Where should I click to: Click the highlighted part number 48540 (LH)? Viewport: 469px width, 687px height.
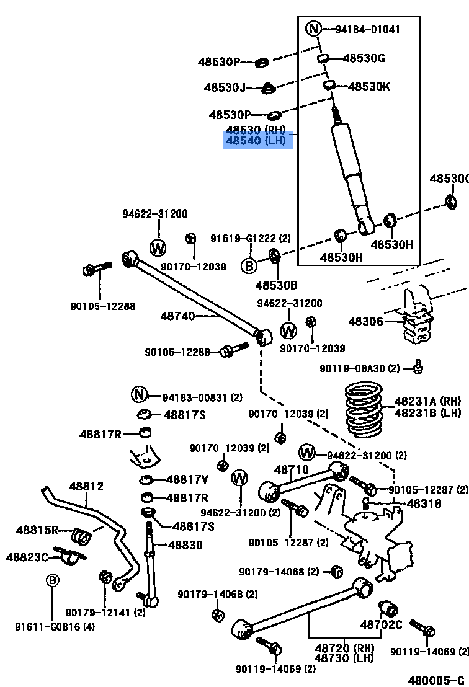point(256,141)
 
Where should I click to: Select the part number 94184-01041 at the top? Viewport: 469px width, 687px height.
point(367,29)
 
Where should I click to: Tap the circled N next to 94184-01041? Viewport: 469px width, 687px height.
point(314,29)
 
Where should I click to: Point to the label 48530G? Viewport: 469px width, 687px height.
point(364,58)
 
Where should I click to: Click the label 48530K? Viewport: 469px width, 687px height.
point(369,87)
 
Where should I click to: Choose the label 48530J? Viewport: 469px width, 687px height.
point(225,88)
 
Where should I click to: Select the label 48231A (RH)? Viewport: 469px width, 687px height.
point(427,402)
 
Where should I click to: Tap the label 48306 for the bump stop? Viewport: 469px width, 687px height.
point(365,321)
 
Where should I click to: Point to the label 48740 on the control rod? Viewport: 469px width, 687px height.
point(177,316)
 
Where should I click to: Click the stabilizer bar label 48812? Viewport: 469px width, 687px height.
point(86,487)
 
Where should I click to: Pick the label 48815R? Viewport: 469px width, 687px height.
point(37,530)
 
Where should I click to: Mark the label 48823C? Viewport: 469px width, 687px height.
point(27,557)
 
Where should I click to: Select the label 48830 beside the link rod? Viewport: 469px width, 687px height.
point(185,545)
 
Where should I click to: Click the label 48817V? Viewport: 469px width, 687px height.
point(187,479)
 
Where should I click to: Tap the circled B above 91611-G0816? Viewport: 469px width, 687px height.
point(53,580)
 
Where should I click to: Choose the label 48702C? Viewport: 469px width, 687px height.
point(382,624)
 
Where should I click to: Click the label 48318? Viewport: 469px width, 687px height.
point(424,503)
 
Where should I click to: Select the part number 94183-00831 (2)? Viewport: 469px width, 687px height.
point(202,397)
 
